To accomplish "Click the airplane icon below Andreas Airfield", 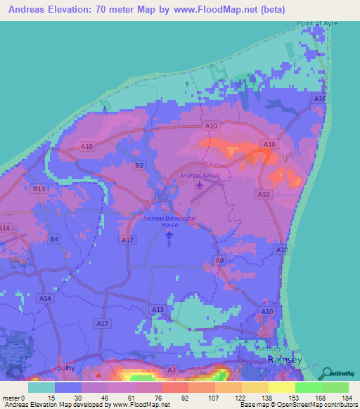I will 200,186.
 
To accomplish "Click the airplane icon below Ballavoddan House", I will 169,235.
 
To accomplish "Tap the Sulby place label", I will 65,368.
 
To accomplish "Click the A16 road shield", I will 320,100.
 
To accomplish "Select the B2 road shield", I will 139,165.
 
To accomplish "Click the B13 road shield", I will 39,189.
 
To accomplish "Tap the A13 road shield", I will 157,309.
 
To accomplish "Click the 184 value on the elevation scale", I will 347,398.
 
